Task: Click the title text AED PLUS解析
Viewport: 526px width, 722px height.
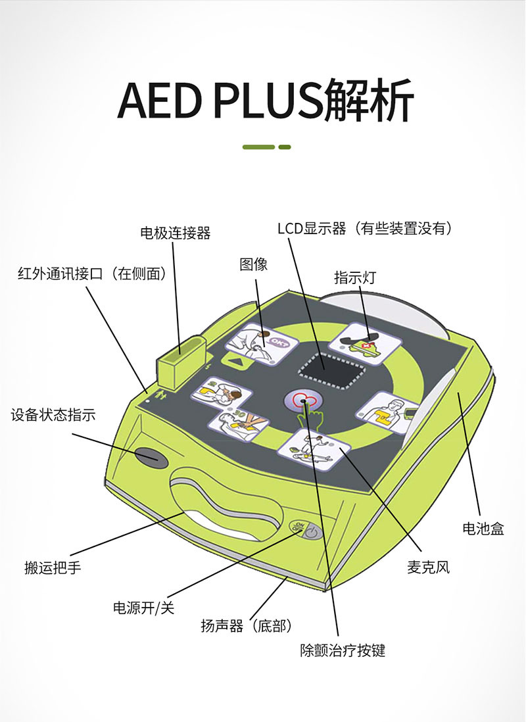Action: tap(266, 99)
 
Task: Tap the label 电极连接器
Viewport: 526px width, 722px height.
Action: tap(176, 232)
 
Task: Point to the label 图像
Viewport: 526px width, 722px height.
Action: tap(253, 264)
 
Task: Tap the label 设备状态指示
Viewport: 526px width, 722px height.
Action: tap(53, 415)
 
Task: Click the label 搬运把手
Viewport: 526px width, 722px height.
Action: tap(53, 568)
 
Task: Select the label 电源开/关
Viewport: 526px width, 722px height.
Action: tap(143, 608)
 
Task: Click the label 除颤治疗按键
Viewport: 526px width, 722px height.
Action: tap(343, 650)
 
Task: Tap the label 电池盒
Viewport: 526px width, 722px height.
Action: tap(483, 528)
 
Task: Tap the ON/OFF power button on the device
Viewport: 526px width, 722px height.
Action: tap(306, 530)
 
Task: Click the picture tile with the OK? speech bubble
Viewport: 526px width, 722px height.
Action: tap(262, 343)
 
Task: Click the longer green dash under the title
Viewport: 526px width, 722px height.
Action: tap(258, 147)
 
